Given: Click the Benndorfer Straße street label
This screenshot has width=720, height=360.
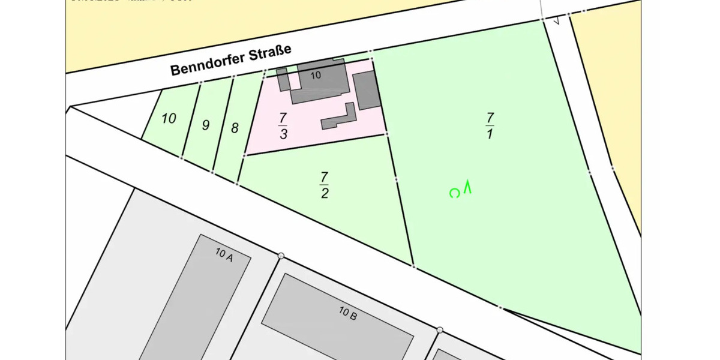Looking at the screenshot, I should [231, 60].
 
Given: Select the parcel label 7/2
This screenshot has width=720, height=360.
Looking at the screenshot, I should [324, 185].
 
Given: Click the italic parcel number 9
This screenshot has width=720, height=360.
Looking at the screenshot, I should [206, 126].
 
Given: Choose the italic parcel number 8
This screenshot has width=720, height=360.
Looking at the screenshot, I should [235, 128].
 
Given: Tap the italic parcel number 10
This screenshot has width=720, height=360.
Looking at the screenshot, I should [169, 119].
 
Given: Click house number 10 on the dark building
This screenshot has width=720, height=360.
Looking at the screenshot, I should [316, 76].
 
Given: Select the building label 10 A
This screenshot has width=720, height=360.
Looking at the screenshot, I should [224, 254].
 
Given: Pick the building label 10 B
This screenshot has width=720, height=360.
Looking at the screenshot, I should [348, 313].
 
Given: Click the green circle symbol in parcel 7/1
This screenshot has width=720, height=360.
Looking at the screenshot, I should [455, 193].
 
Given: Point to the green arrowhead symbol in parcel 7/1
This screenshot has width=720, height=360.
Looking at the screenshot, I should [468, 187].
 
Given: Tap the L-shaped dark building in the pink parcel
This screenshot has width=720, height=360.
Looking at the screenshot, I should [338, 118].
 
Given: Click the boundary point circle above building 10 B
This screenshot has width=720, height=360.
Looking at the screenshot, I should [281, 256].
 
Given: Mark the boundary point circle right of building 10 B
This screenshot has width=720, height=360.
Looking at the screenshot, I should [440, 330].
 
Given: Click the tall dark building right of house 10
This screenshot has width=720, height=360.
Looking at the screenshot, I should [366, 90].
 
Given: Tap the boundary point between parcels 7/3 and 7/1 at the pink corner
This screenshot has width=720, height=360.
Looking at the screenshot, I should [387, 134].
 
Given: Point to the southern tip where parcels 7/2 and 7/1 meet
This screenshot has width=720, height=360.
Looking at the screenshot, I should [413, 266].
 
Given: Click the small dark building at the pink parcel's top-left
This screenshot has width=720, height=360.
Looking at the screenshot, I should [283, 79].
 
